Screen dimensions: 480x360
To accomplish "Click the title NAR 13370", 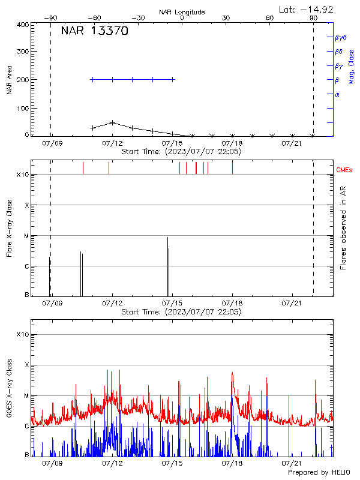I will [94, 32].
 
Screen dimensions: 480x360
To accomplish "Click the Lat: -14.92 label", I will [307, 9].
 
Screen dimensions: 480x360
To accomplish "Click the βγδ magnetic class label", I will [341, 37].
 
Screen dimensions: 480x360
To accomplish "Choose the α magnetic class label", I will [337, 94].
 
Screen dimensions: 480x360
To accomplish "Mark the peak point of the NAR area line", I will [112, 122].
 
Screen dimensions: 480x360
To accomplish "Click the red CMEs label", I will [344, 170].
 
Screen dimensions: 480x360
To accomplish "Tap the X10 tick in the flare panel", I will [23, 175].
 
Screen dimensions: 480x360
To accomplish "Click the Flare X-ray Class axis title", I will [9, 228].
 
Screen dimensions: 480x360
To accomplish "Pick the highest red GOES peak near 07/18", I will [232, 373].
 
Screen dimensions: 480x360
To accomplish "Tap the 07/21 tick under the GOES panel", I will [292, 464].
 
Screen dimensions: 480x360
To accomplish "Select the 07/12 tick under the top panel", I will [112, 143].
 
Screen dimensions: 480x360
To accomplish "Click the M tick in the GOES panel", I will [26, 395].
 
